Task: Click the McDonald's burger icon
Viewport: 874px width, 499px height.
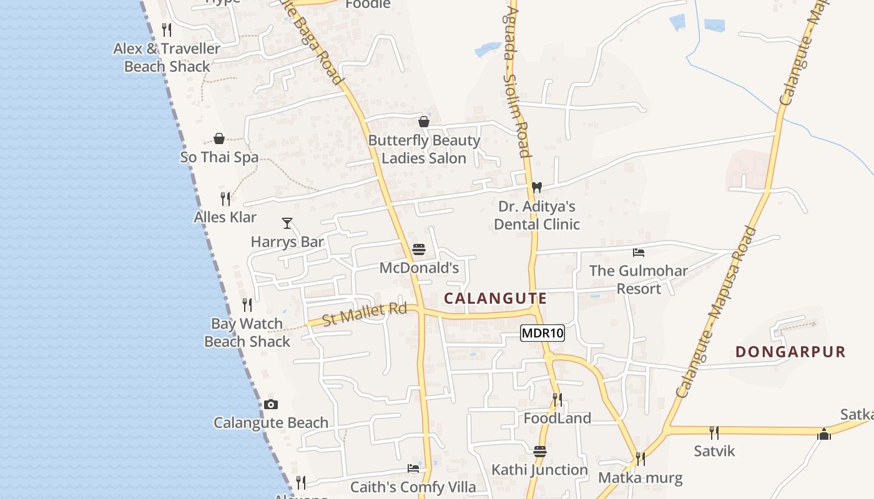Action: [419, 250]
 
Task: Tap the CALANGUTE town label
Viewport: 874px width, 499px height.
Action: [495, 299]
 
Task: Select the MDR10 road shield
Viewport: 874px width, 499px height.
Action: [542, 333]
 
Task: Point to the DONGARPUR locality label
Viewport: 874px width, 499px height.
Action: [790, 352]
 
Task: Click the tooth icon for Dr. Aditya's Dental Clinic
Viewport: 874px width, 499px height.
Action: [536, 187]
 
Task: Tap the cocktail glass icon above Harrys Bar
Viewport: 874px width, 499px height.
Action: [287, 223]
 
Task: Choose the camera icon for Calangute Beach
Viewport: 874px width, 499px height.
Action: [270, 404]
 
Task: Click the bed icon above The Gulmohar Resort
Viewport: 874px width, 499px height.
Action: [639, 253]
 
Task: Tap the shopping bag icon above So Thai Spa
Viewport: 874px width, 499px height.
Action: [219, 138]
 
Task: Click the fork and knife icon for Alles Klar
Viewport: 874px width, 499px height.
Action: [225, 199]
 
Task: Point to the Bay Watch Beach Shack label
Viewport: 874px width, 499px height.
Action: [247, 332]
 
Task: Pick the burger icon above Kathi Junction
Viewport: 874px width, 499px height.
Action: [540, 451]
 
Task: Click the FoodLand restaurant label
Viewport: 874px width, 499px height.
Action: [557, 418]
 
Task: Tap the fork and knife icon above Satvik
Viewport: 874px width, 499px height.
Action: [714, 432]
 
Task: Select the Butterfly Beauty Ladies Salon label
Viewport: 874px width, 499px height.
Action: [424, 149]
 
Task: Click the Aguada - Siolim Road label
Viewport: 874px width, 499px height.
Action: [516, 81]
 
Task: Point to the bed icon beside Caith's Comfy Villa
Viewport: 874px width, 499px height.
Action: [413, 468]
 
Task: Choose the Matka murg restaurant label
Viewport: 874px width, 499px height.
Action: [641, 478]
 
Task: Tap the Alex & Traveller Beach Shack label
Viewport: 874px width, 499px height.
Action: [167, 57]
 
